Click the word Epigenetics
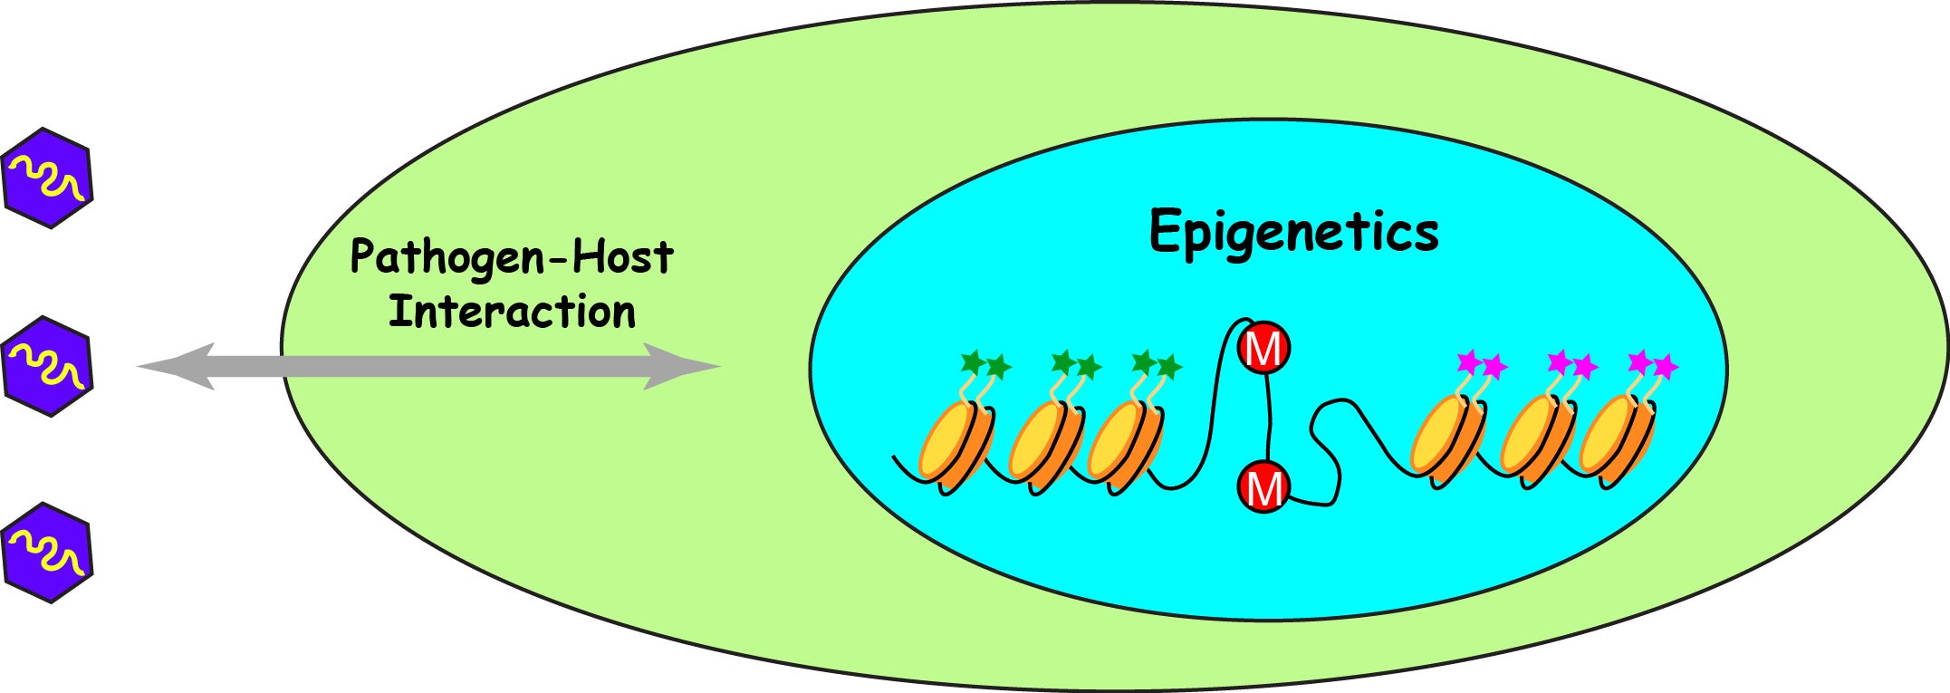click(1293, 233)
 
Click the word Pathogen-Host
click(512, 257)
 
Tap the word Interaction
click(512, 313)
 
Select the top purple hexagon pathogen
click(48, 178)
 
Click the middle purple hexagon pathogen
click(48, 366)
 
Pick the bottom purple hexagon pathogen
click(48, 553)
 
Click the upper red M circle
click(1263, 349)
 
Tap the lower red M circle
click(1263, 487)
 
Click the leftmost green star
click(973, 363)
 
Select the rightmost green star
click(1169, 367)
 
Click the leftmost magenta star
click(1468, 363)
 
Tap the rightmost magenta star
click(1666, 367)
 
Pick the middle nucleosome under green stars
click(1044, 444)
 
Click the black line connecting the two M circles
click(1269, 418)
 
